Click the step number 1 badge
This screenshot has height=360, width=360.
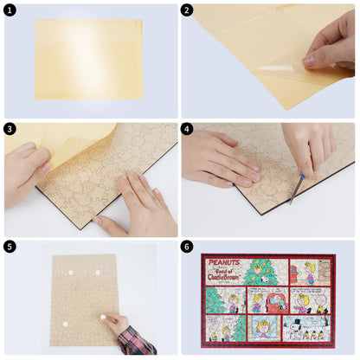tap(10, 10)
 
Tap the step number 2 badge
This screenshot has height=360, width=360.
tap(188, 10)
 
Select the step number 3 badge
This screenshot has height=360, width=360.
tap(10, 129)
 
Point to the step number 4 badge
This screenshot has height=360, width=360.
tap(188, 129)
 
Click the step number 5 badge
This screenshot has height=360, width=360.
tap(10, 247)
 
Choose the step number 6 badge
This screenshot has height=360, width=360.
tap(188, 247)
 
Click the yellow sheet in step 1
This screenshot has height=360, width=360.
tap(88, 59)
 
